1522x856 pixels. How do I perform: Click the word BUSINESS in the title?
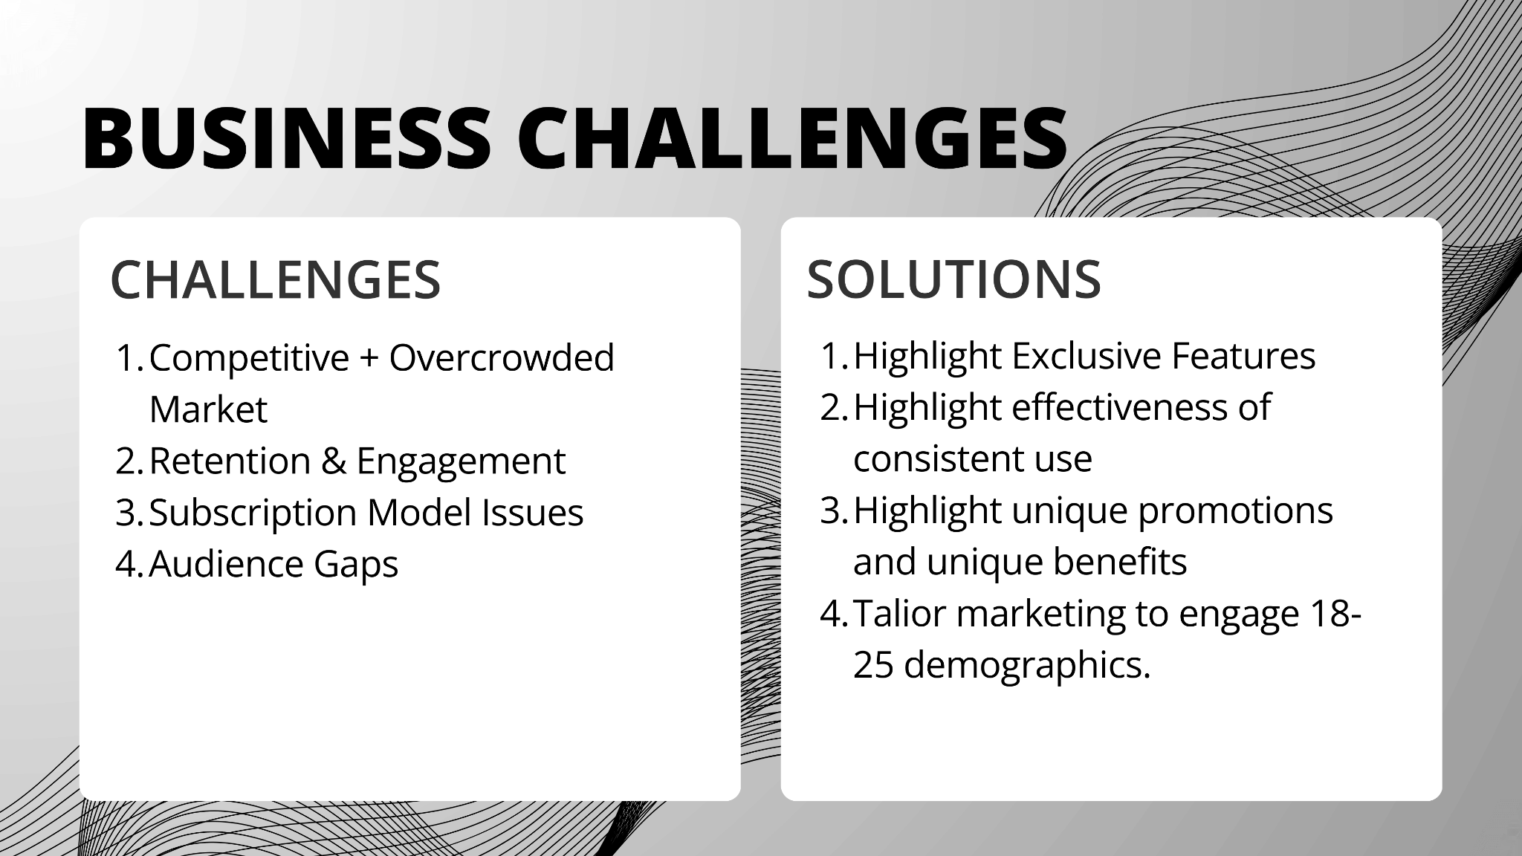[287, 138]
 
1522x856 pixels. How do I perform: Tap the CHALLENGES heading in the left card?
[276, 280]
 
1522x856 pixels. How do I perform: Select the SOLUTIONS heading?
[953, 280]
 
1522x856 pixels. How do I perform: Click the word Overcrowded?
[502, 357]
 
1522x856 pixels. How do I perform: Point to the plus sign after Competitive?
[369, 359]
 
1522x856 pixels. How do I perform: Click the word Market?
[208, 409]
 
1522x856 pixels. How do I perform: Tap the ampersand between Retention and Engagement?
[334, 461]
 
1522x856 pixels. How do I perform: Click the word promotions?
[1236, 511]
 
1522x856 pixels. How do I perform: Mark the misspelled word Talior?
[900, 614]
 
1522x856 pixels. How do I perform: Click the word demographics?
[1028, 666]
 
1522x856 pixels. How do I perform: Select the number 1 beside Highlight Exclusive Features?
[835, 356]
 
